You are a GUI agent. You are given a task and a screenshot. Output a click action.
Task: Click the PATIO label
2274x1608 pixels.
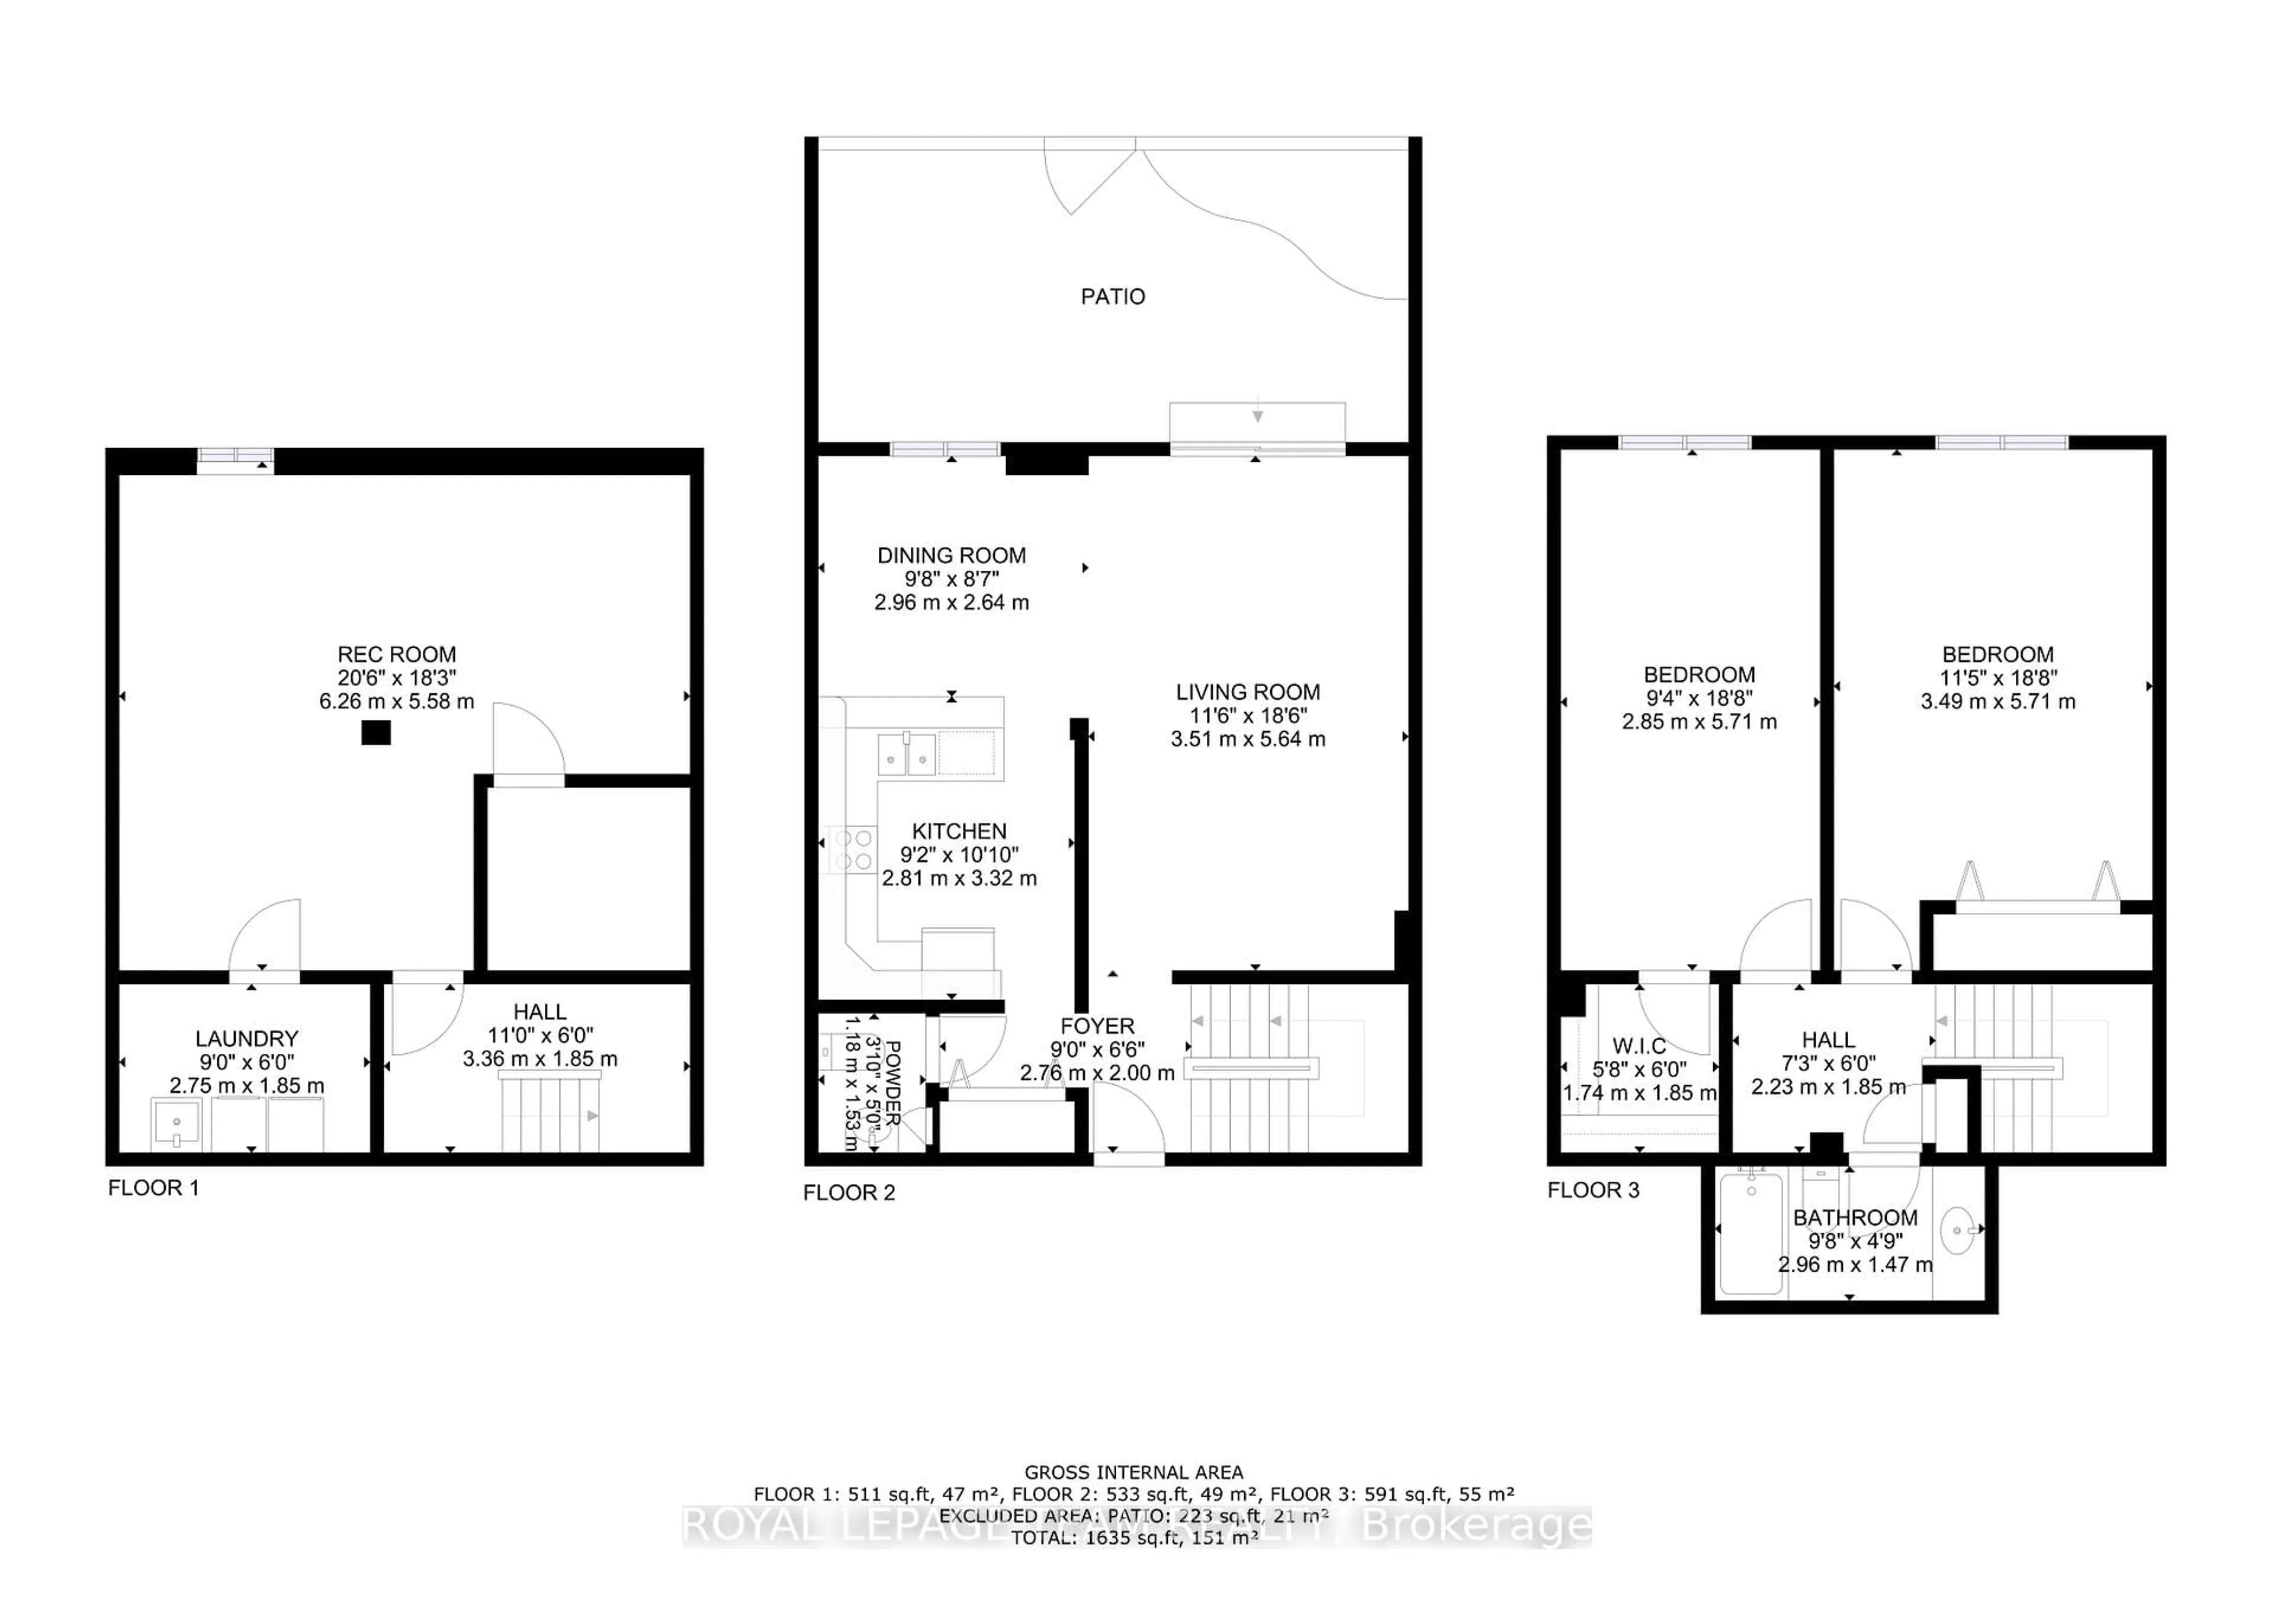(x=1112, y=296)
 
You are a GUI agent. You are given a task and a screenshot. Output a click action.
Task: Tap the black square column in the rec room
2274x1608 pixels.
(x=375, y=733)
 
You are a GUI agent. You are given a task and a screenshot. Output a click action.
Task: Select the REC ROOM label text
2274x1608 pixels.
(x=396, y=654)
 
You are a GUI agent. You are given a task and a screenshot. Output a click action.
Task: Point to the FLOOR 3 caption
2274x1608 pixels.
(x=1592, y=1190)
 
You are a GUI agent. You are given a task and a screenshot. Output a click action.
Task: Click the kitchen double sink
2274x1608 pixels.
(x=906, y=754)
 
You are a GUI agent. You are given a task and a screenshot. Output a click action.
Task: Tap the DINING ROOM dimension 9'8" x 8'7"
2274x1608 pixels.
(x=951, y=579)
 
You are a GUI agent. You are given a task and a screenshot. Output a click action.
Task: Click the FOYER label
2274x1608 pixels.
(x=1096, y=1027)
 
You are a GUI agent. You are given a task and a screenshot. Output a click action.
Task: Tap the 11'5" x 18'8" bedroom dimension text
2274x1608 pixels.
(x=1997, y=678)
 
